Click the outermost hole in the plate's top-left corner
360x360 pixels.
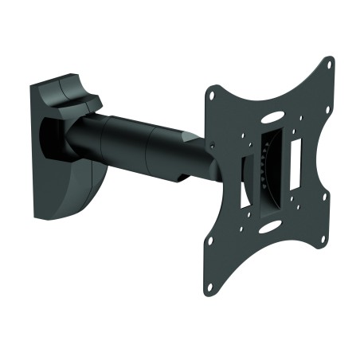(211, 94)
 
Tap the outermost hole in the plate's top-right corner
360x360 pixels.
(327, 64)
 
